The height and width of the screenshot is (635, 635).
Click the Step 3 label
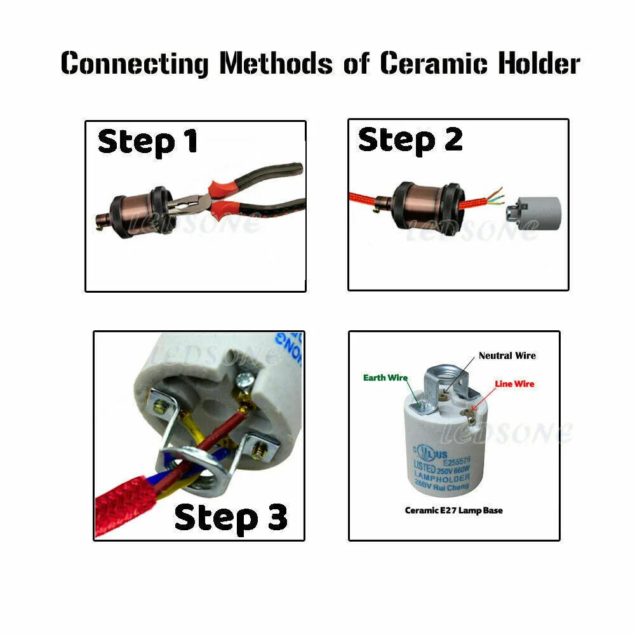(231, 517)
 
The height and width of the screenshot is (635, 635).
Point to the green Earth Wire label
(385, 378)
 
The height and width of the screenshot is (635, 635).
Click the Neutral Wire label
(507, 356)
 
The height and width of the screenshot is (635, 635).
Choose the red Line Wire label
(514, 384)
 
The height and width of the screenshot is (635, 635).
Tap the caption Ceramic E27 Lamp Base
(453, 510)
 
